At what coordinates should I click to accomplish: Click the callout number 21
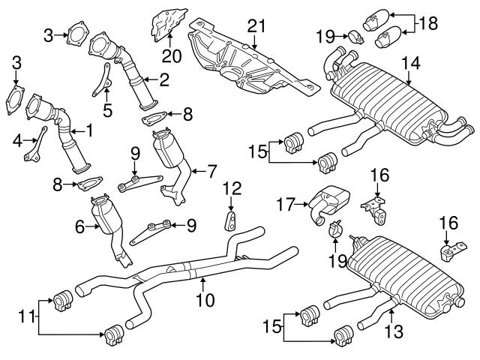pos(256,28)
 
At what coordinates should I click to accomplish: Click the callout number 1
pos(89,130)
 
